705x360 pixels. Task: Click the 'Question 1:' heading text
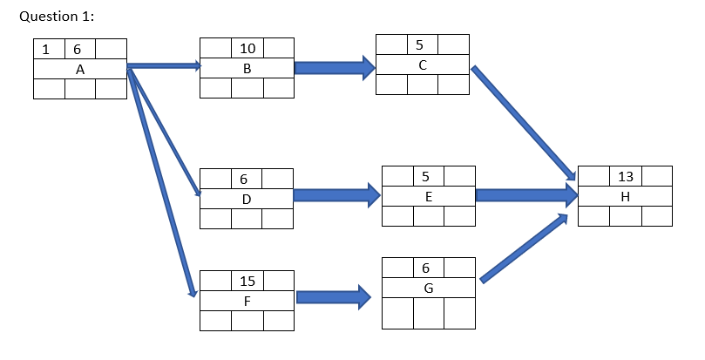pyautogui.click(x=56, y=17)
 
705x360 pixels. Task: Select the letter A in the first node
pyautogui.click(x=79, y=70)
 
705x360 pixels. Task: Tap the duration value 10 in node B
pyautogui.click(x=247, y=49)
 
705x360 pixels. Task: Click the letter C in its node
pyautogui.click(x=422, y=65)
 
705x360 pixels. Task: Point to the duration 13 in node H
pyautogui.click(x=625, y=176)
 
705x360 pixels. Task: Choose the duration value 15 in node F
pyautogui.click(x=247, y=281)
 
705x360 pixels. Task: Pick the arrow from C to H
pyautogui.click(x=523, y=121)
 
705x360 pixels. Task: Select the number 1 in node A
pyautogui.click(x=48, y=50)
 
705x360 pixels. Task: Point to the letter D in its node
pyautogui.click(x=247, y=199)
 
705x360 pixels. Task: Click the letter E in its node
pyautogui.click(x=428, y=197)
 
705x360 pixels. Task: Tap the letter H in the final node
pyautogui.click(x=625, y=197)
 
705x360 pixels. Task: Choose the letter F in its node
pyautogui.click(x=247, y=302)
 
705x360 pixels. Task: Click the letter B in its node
pyautogui.click(x=247, y=70)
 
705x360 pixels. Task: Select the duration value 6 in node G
pyautogui.click(x=425, y=267)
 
